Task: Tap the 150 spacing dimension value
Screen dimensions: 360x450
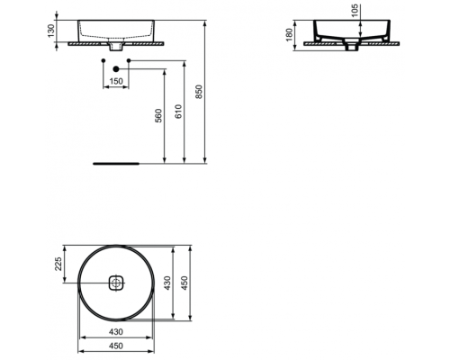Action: (116, 81)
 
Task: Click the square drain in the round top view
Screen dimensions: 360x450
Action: (116, 283)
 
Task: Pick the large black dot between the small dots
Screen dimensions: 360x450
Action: (116, 69)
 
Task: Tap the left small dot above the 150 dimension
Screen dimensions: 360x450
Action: (103, 61)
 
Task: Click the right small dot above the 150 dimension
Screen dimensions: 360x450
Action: (130, 61)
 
